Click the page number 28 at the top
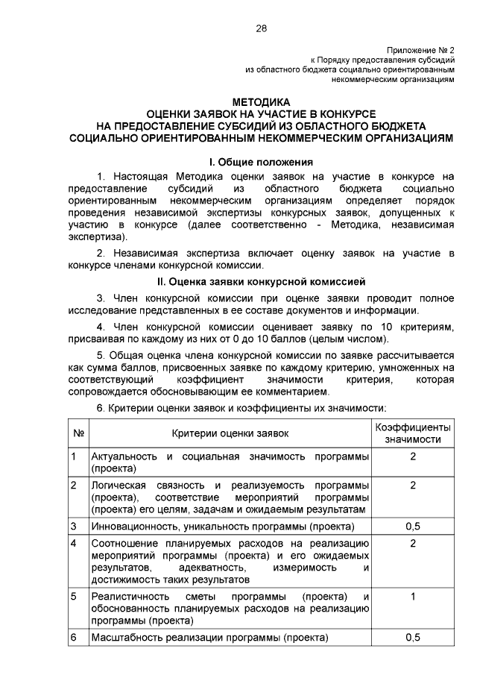click(x=261, y=28)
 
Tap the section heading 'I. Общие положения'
click(x=261, y=162)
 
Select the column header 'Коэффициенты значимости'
click(x=412, y=433)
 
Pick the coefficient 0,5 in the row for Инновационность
click(x=412, y=527)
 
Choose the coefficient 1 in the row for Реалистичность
click(x=412, y=596)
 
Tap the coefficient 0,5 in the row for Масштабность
click(x=412, y=638)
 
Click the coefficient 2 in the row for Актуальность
click(x=412, y=456)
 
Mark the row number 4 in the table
click(x=74, y=542)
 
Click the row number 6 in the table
click(x=74, y=638)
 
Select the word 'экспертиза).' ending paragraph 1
click(x=98, y=238)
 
